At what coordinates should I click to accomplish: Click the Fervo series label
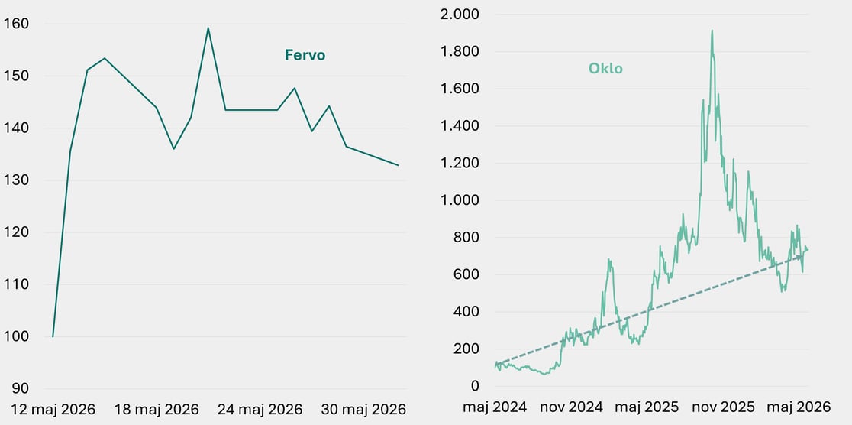coord(305,55)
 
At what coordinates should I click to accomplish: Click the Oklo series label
coord(605,69)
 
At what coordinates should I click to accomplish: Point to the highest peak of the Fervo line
coord(208,28)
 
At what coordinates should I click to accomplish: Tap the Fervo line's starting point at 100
coord(53,336)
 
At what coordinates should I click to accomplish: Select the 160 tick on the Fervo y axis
coord(16,24)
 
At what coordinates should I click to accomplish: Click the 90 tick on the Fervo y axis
coord(20,388)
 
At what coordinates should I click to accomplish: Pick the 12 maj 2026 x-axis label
coord(52,409)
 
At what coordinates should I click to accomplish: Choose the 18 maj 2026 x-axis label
coord(157,409)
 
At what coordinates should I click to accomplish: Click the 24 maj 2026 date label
coord(260,409)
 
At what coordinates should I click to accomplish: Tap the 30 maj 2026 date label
coord(363,409)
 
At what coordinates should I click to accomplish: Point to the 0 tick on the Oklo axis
coord(475,386)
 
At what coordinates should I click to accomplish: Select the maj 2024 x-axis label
coord(495,407)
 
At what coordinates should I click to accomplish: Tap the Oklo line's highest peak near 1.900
coord(712,31)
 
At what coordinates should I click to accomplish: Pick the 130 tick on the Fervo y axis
coord(16,180)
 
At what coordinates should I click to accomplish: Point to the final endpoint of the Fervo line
coord(399,165)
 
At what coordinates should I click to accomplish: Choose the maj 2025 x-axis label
coord(647,407)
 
